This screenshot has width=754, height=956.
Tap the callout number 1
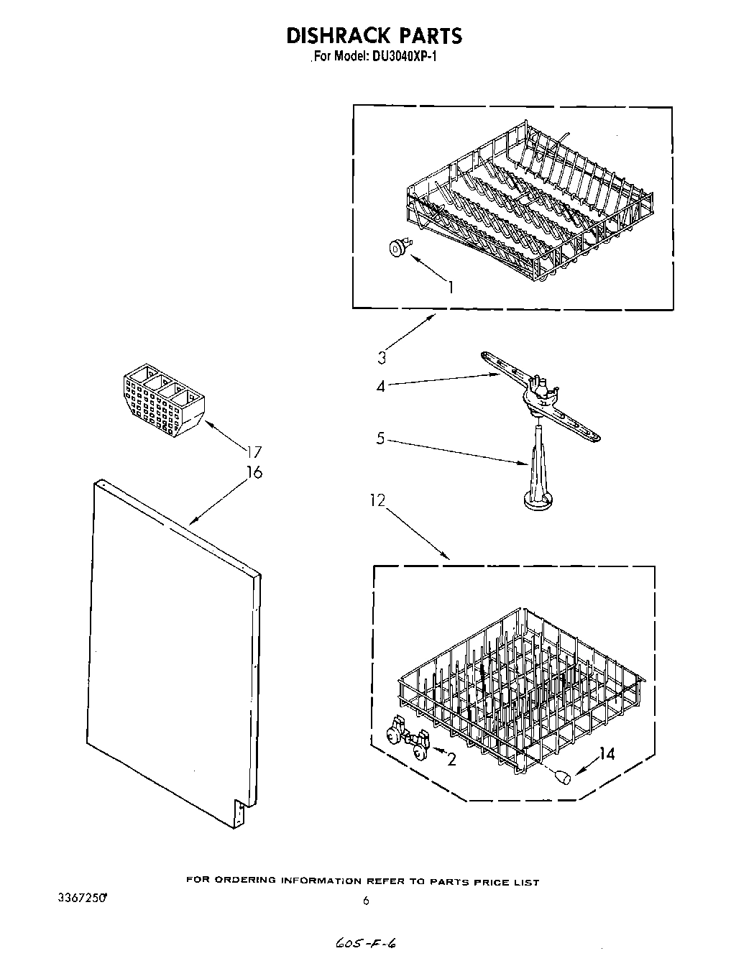click(x=450, y=288)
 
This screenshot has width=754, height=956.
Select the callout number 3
click(x=382, y=357)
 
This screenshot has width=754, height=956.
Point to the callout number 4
click(x=381, y=386)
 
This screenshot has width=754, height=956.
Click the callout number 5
click(x=381, y=438)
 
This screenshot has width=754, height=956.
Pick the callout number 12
click(x=378, y=500)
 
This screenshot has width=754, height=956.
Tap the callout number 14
click(x=607, y=754)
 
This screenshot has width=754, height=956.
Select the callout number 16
click(x=254, y=472)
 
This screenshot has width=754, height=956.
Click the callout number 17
click(x=254, y=452)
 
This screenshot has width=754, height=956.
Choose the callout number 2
click(x=451, y=759)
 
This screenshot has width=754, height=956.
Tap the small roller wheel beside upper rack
click(x=397, y=248)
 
